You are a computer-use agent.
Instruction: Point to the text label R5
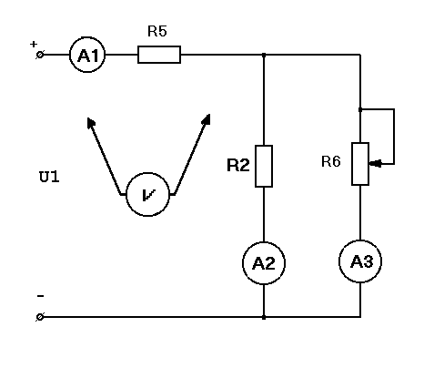(x=157, y=31)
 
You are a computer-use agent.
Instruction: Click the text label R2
(x=238, y=166)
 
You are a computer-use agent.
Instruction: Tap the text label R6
(x=331, y=161)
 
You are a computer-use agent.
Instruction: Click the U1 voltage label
(x=49, y=177)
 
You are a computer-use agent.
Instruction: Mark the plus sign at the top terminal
(x=34, y=44)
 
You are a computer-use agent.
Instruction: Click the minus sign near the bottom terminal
(x=40, y=296)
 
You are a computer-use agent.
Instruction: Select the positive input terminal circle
(x=40, y=55)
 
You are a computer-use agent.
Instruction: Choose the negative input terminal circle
(x=40, y=317)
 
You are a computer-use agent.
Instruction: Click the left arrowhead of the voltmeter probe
(x=90, y=122)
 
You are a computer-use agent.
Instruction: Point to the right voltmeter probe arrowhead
(x=207, y=119)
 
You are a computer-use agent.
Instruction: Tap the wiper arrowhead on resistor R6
(x=375, y=164)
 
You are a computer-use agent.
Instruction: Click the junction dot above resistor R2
(x=264, y=55)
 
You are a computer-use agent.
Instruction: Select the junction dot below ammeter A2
(x=264, y=317)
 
